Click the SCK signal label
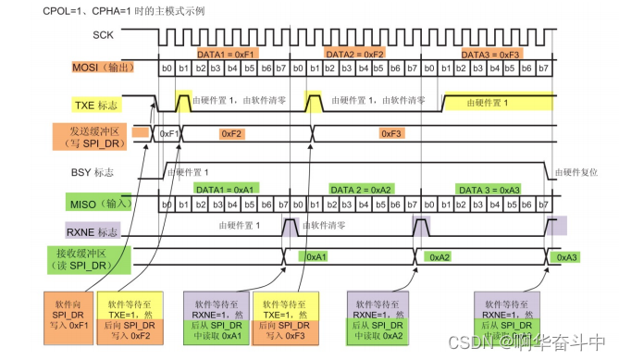(105, 35)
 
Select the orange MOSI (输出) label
(103, 68)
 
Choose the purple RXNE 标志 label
(99, 228)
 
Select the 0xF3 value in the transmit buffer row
(391, 133)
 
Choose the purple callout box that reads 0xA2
(378, 317)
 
